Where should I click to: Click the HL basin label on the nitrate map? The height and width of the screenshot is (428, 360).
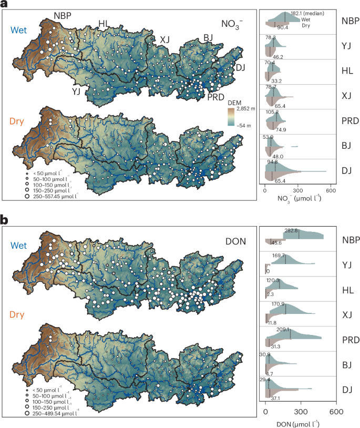coord(105,23)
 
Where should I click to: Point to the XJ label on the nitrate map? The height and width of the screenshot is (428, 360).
coord(165,38)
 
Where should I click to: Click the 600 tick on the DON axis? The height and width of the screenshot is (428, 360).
coord(336,412)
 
